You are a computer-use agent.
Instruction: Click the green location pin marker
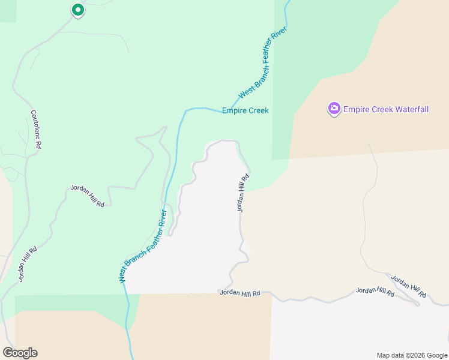[77, 10]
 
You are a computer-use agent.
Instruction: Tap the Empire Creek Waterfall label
[386, 109]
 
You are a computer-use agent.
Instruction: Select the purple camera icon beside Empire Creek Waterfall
[334, 109]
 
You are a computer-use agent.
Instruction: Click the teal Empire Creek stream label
[245, 110]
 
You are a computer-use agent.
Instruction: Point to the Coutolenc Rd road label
[36, 129]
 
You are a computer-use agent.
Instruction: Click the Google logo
[20, 353]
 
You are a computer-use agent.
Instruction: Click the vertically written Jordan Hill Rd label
[243, 194]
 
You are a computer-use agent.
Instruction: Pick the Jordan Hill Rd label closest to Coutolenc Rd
[88, 196]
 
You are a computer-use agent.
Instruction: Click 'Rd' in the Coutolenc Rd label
[38, 145]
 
